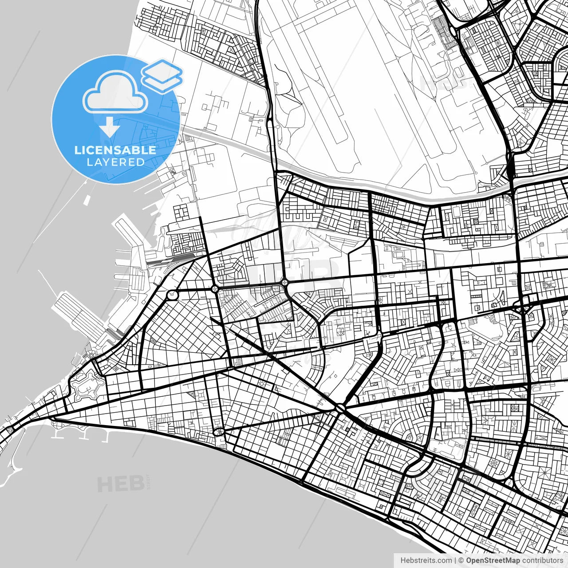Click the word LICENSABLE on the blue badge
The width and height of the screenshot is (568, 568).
[115, 150]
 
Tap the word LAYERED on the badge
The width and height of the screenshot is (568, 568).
[115, 162]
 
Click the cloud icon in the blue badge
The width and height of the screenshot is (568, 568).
[115, 92]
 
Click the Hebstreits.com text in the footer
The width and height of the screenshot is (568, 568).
[426, 560]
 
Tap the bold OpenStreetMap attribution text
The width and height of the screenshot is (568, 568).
[493, 560]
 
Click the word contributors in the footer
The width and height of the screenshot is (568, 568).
[542, 560]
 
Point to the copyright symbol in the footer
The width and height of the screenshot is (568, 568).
[461, 560]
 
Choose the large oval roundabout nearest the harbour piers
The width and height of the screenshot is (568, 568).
[172, 294]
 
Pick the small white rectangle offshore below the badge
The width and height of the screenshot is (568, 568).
[87, 201]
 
